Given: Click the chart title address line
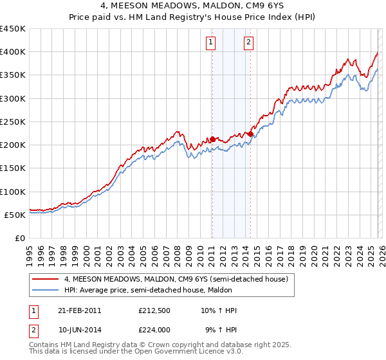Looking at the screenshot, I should coord(192,6).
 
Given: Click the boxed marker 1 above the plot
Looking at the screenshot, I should coord(212,43).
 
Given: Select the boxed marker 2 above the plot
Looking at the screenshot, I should coord(248,43).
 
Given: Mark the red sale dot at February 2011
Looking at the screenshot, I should coord(212,139).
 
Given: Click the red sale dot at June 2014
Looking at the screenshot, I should coord(250,134).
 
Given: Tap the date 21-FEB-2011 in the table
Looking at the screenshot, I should coord(80,310).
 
